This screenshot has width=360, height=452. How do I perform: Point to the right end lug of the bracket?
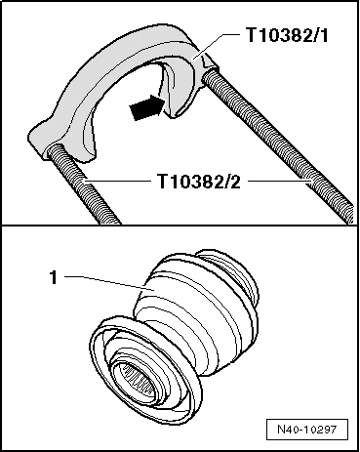[x=210, y=71]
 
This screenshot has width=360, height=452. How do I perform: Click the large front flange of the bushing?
[x=107, y=351]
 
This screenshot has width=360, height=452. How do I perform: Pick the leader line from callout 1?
[x=107, y=280]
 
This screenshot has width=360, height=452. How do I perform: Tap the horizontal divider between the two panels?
[x=180, y=226]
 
